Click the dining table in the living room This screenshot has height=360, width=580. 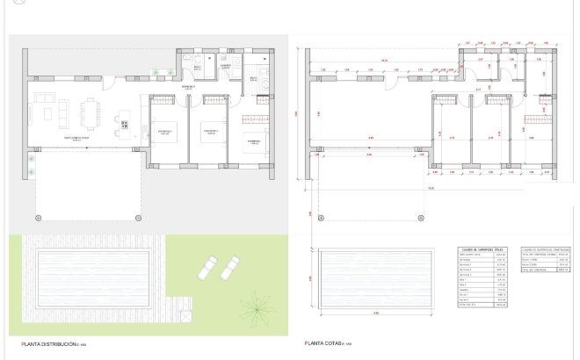[91, 112]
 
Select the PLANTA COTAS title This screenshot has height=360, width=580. [323, 343]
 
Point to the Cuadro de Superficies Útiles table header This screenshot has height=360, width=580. [483, 248]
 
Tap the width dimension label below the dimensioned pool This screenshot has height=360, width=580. [374, 313]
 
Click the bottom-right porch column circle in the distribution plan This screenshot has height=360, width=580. [137, 217]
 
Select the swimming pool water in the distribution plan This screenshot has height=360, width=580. [95, 274]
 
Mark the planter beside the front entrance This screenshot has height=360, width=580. [158, 73]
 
